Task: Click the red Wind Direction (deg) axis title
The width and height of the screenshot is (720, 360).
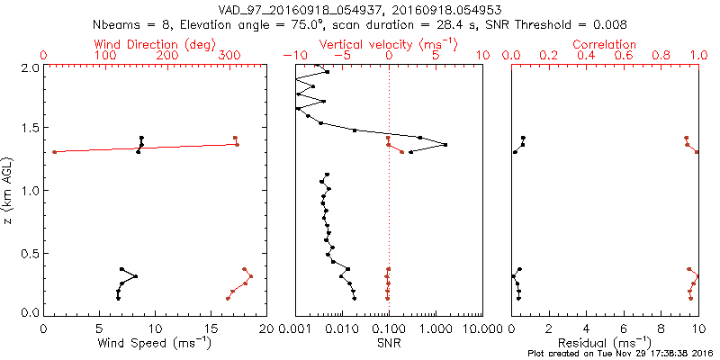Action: (x=156, y=44)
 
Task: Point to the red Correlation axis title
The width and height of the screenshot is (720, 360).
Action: (x=605, y=44)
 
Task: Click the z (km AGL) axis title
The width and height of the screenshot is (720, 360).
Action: (x=10, y=190)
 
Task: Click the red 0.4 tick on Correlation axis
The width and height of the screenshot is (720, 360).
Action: (x=586, y=56)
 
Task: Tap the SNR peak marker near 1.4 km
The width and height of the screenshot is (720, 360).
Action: (x=445, y=144)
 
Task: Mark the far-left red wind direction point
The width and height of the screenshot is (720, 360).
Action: (x=55, y=152)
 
